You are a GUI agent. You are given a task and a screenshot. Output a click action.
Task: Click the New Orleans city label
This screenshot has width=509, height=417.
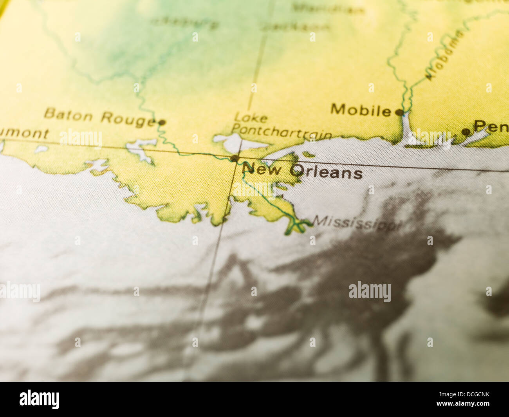point(302,171)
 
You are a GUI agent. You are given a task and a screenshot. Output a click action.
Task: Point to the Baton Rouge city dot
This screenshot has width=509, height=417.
point(162,123)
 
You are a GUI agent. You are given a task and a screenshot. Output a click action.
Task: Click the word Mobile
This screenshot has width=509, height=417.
point(361,110)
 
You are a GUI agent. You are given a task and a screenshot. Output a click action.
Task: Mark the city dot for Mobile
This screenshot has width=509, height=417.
point(399,112)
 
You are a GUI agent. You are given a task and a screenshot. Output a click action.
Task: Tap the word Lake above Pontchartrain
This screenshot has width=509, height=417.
point(251,117)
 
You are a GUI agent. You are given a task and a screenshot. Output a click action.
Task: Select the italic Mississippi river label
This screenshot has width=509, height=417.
point(357,223)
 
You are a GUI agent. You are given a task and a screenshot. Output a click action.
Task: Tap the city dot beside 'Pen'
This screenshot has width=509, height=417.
point(466,132)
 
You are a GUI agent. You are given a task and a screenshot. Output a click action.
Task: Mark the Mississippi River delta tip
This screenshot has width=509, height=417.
point(300,225)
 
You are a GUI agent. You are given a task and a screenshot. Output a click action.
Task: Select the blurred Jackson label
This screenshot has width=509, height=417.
point(296,27)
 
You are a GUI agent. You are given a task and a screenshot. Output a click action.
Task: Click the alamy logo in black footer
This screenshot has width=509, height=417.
point(40,399)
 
